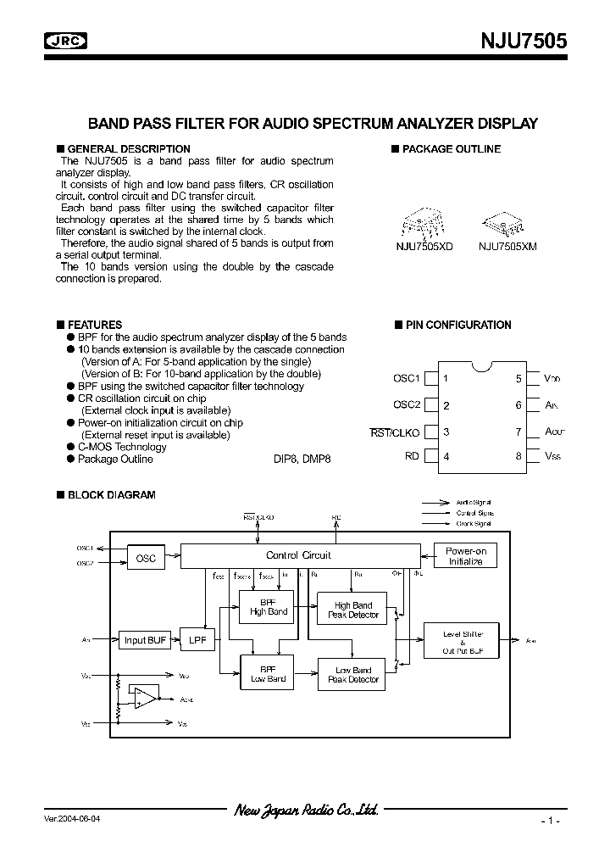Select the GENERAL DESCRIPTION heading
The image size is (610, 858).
pos(128,149)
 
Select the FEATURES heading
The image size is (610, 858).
pos(94,325)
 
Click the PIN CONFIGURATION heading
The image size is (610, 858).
pos(457,325)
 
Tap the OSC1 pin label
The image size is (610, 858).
pos(407,379)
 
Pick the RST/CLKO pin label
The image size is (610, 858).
pos(395,432)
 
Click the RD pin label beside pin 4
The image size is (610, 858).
pos(412,456)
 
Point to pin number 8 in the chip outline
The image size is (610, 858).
pos(518,456)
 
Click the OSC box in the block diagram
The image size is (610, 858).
pos(146,559)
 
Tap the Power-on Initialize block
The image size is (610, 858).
pos(465,556)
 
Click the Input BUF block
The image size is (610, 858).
pos(146,640)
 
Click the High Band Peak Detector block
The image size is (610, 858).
pos(353,610)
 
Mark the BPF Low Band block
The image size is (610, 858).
pos(268,674)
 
